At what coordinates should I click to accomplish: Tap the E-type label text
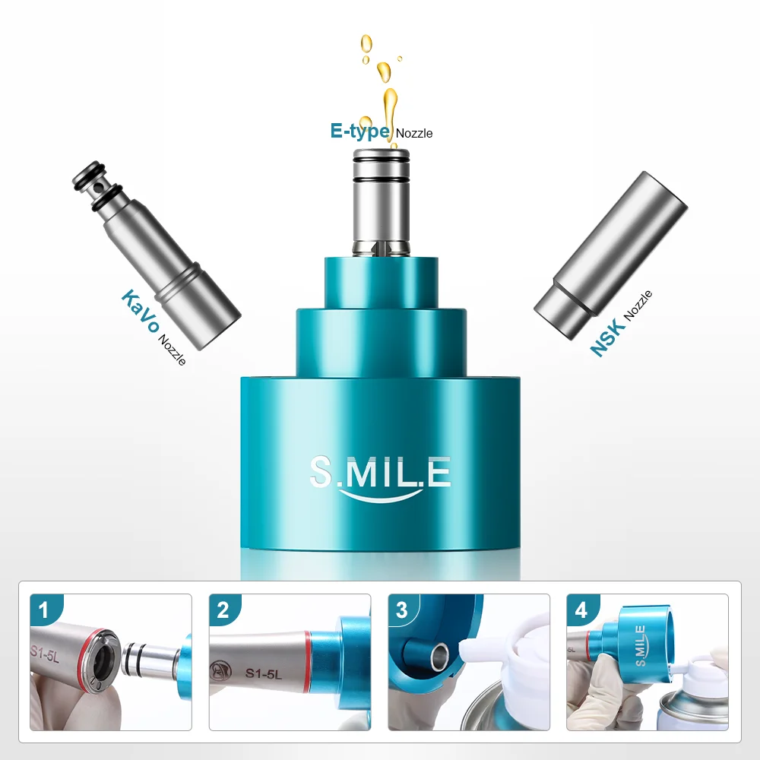(359, 130)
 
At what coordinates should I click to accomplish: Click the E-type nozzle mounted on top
(381, 198)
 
